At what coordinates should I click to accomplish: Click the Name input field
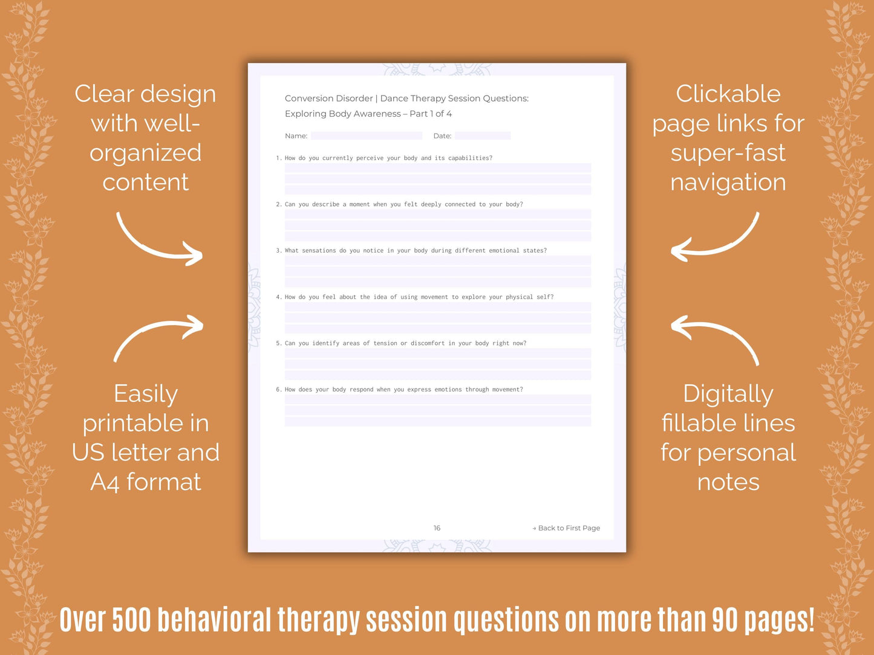[x=366, y=136]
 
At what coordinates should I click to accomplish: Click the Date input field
[x=482, y=136]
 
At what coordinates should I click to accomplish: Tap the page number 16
[x=437, y=528]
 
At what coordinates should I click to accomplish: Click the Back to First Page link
[x=566, y=528]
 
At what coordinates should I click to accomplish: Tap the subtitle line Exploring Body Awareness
[x=368, y=114]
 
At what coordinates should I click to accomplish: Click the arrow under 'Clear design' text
[x=158, y=240]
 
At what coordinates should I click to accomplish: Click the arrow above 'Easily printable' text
[x=158, y=336]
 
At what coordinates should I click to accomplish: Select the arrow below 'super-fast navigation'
[x=715, y=240]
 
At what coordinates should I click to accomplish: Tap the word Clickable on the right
[x=728, y=94]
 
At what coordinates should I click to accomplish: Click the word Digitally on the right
[x=728, y=394]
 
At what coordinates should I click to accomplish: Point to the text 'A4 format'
[x=145, y=482]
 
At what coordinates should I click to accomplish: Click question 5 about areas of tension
[x=401, y=343]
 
